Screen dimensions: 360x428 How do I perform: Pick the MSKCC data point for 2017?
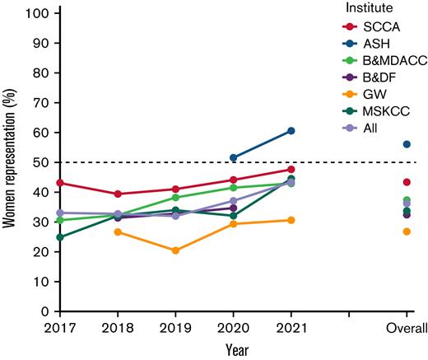59,237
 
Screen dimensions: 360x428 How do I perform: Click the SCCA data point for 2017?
59,183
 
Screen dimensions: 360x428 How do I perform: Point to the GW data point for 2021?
291,220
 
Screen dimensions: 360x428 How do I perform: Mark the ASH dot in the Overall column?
407,144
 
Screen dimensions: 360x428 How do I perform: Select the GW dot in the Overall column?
407,231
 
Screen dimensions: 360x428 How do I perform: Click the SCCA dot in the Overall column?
407,182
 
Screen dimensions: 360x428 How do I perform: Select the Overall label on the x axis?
407,329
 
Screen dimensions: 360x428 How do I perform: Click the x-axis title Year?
233,349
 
